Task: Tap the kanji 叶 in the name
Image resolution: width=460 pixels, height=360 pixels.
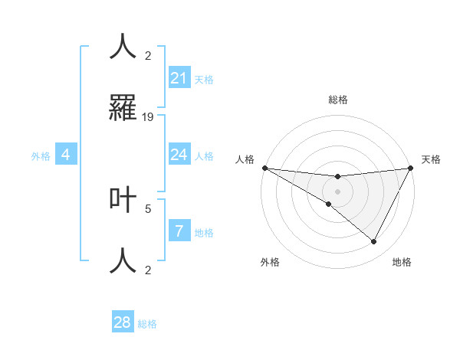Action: pos(123,200)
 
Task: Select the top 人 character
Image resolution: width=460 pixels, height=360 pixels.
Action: pos(123,47)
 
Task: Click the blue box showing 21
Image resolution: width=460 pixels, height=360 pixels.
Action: pos(179,78)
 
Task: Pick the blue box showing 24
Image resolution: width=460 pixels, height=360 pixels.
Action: pos(179,155)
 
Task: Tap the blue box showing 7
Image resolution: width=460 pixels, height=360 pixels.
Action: pos(179,231)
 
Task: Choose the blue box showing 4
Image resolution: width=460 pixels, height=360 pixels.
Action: pos(66,155)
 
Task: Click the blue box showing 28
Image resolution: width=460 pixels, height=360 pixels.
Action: pos(123,322)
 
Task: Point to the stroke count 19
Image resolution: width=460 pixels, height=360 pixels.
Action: pos(148,117)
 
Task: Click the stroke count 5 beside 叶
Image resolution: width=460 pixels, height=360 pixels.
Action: pos(148,208)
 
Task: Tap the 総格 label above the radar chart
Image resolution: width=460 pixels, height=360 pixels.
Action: pos(338,100)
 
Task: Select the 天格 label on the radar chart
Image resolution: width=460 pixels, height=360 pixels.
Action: pos(431,159)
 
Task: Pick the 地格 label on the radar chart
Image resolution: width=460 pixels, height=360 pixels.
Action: pos(402,263)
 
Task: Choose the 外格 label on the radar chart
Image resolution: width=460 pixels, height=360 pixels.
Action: pos(270,263)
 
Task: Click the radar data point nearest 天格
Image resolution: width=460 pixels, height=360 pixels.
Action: pos(412,168)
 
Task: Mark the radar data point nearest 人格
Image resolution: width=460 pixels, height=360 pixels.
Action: pos(264,168)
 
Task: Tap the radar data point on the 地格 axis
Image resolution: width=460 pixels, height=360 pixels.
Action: pos(374,242)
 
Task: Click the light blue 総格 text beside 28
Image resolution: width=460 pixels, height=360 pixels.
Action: pos(147,324)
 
